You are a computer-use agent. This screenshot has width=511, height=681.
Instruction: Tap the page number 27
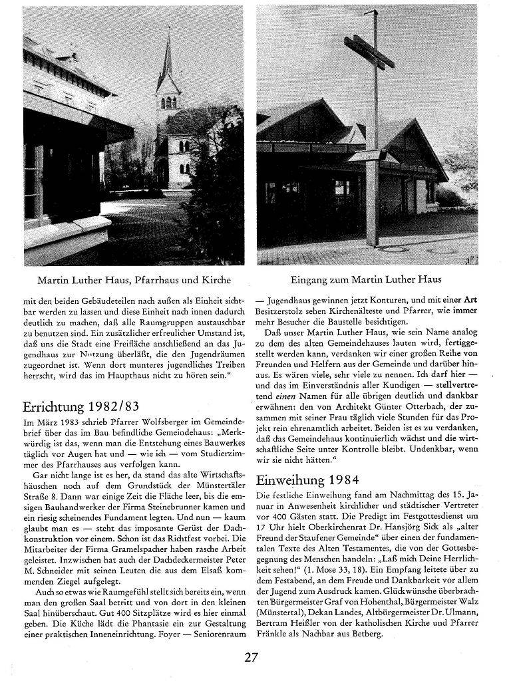pos(251,658)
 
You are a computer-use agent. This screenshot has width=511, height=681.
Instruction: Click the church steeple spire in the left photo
pos(166,60)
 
